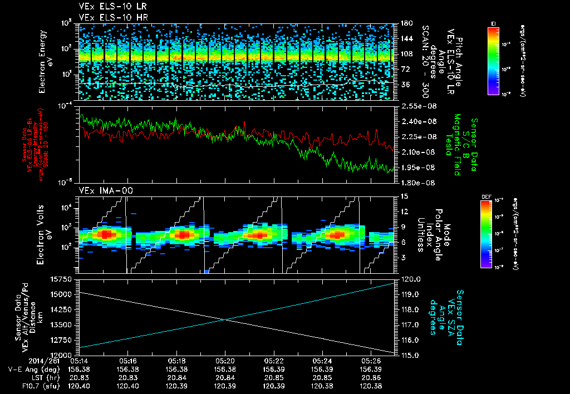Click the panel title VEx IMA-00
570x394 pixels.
[x=101, y=190]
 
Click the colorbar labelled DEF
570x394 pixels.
[x=493, y=234]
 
